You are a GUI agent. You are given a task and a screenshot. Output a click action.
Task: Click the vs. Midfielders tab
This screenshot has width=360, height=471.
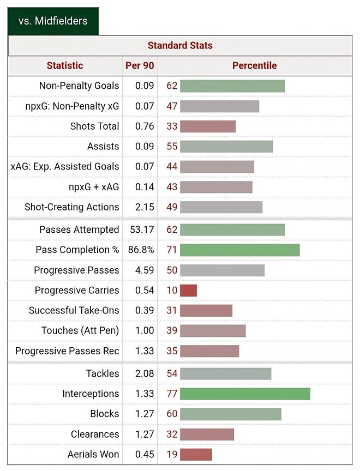[x=52, y=21]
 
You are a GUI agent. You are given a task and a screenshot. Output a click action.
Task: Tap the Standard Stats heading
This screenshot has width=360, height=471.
[x=180, y=46]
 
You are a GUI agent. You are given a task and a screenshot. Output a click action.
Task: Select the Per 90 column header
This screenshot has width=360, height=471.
[x=140, y=65]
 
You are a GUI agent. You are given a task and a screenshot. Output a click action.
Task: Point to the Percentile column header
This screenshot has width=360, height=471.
[x=254, y=65]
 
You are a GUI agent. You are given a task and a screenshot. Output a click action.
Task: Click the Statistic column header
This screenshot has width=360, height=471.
[x=65, y=65]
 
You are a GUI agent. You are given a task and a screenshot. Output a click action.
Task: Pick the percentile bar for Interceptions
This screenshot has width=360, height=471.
[x=245, y=394]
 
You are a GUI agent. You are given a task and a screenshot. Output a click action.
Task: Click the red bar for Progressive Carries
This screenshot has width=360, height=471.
[x=188, y=290]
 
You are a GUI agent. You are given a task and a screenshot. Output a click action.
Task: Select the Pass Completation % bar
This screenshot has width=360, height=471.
[x=239, y=250]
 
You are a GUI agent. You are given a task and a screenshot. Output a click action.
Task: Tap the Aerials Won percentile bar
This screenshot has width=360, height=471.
[x=196, y=454]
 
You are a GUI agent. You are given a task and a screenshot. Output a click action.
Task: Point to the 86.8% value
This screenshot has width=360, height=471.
[x=141, y=250]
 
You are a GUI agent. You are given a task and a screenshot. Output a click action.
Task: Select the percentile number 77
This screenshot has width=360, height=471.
[x=172, y=394]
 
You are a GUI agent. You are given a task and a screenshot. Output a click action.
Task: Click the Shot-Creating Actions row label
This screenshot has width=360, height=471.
[x=71, y=207]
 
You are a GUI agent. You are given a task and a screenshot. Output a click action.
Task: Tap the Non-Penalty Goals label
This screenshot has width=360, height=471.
[x=79, y=86]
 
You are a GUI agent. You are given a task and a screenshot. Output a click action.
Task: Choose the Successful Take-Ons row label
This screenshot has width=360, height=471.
[x=74, y=310]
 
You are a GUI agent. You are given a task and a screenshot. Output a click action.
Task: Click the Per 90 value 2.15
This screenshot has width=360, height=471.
[x=145, y=207]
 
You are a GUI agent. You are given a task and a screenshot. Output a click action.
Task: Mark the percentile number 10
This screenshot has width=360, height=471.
[x=172, y=290]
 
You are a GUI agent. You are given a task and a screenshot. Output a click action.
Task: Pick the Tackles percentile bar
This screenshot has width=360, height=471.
[x=225, y=373]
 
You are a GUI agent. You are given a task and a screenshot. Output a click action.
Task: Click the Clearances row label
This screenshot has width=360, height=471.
[x=94, y=434]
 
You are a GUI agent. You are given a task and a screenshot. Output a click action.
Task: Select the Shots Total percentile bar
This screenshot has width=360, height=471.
[x=208, y=126]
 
